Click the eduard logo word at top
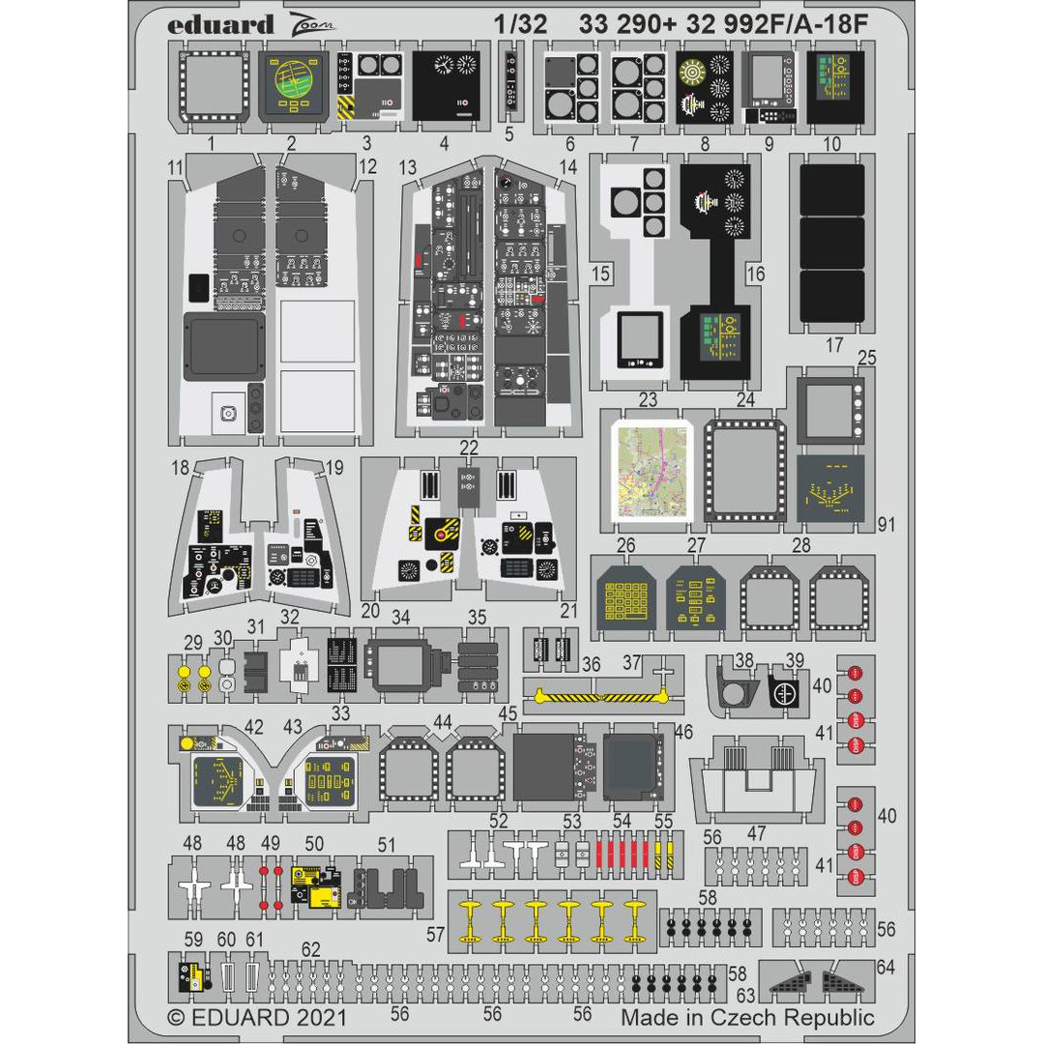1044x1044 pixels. coord(220,26)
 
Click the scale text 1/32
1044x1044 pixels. coord(524,26)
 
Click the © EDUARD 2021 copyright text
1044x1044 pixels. coord(256,1017)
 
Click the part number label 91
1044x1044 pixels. coord(887,525)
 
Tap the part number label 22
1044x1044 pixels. coord(469,447)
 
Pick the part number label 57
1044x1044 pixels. coord(436,934)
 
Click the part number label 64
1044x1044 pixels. coord(885,967)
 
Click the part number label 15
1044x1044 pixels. coord(600,275)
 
